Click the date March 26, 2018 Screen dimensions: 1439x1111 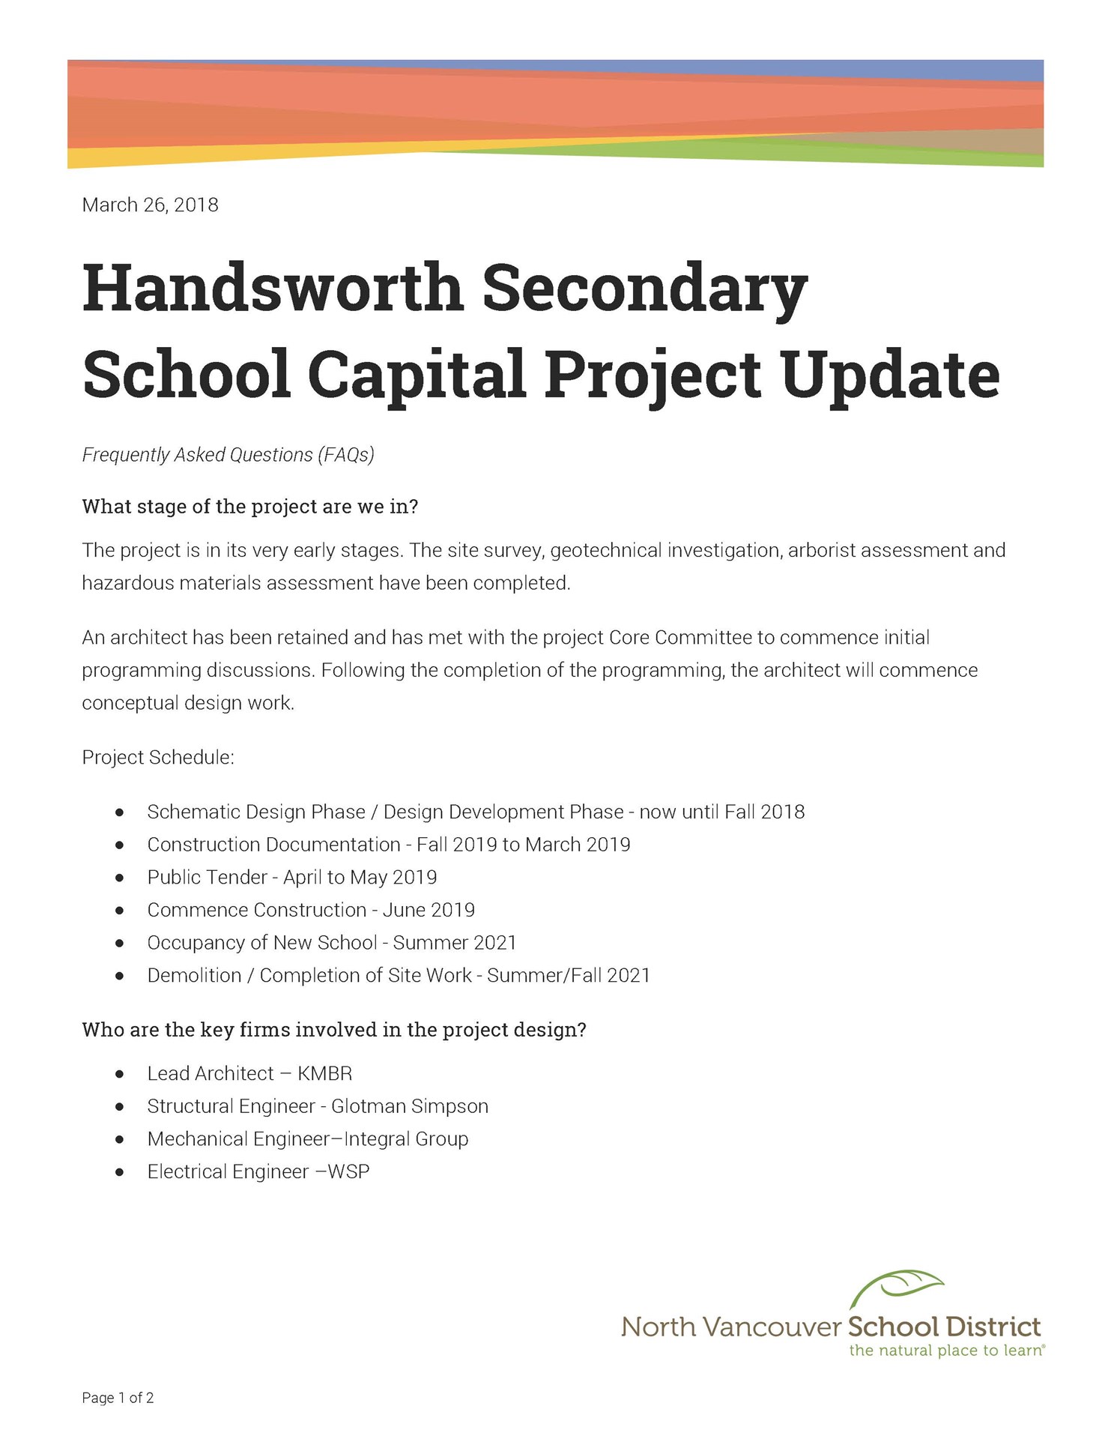click(x=150, y=205)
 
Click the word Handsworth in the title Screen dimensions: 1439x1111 click(x=273, y=289)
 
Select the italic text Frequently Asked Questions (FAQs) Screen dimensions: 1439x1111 click(x=228, y=455)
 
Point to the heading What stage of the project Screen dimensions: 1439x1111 click(x=249, y=507)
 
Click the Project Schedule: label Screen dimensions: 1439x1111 click(x=158, y=758)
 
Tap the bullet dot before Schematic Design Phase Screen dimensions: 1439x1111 click(x=120, y=812)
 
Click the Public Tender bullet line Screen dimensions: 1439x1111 click(x=291, y=878)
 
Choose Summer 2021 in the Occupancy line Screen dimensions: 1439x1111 click(x=455, y=943)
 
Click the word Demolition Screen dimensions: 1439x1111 click(x=194, y=976)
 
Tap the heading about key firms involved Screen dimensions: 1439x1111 click(x=333, y=1031)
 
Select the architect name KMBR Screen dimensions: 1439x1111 click(x=324, y=1074)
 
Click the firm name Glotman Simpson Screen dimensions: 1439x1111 click(x=409, y=1107)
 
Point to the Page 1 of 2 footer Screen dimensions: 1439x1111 click(x=118, y=1398)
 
